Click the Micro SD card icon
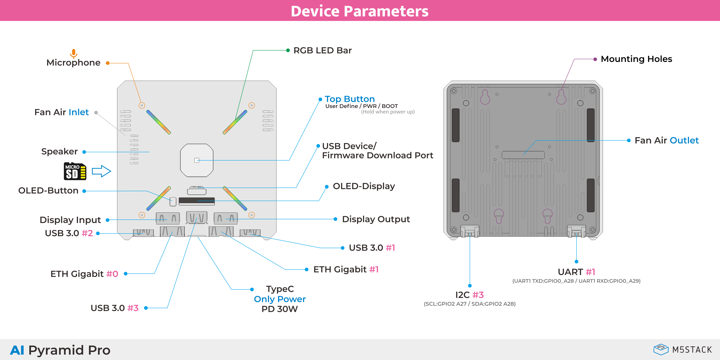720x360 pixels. (75, 171)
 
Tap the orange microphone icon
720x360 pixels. (73, 53)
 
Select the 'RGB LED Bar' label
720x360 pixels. (322, 51)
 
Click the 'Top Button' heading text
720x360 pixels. (350, 99)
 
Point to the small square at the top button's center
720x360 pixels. (197, 160)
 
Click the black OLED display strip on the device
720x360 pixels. (197, 201)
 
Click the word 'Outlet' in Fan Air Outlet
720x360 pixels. (684, 140)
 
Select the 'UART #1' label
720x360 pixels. (576, 272)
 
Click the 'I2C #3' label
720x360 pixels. (469, 295)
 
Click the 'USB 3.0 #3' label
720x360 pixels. (114, 308)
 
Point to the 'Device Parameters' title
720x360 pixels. (360, 11)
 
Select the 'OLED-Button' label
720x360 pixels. (48, 191)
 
